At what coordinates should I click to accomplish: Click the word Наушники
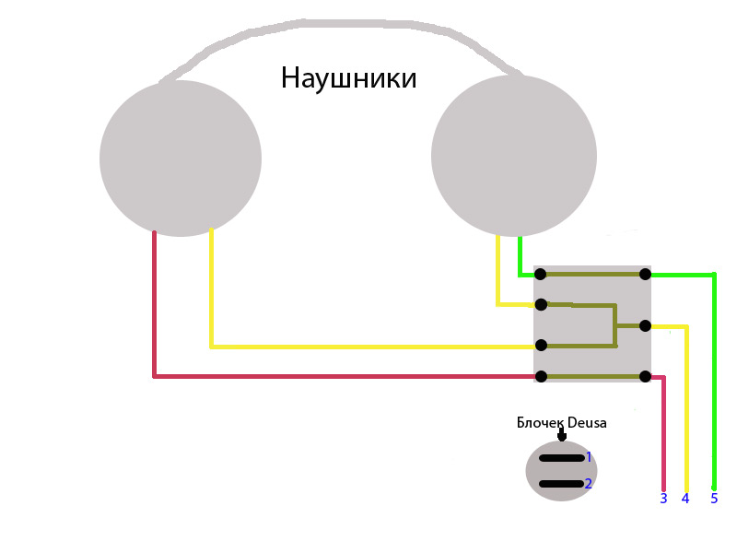(x=348, y=78)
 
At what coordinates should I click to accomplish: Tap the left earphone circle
(x=181, y=158)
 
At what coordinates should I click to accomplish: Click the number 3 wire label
(x=663, y=499)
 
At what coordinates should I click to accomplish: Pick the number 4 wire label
(x=685, y=499)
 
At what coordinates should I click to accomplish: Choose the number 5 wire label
(x=714, y=499)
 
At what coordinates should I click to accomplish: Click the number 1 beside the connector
(x=589, y=456)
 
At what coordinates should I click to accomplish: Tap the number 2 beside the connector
(x=589, y=483)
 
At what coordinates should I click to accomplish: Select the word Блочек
(x=540, y=423)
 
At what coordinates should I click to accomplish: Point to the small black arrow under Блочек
(x=562, y=435)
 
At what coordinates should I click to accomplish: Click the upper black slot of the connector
(x=561, y=457)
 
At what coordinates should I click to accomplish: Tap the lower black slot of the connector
(x=561, y=483)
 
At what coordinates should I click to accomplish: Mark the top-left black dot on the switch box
(x=541, y=274)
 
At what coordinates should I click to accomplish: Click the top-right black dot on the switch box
(x=645, y=274)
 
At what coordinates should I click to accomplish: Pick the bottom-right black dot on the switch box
(x=645, y=376)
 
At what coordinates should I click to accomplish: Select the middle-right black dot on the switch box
(x=645, y=325)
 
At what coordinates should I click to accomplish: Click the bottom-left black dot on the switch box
(x=541, y=376)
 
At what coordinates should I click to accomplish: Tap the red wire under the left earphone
(x=154, y=304)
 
